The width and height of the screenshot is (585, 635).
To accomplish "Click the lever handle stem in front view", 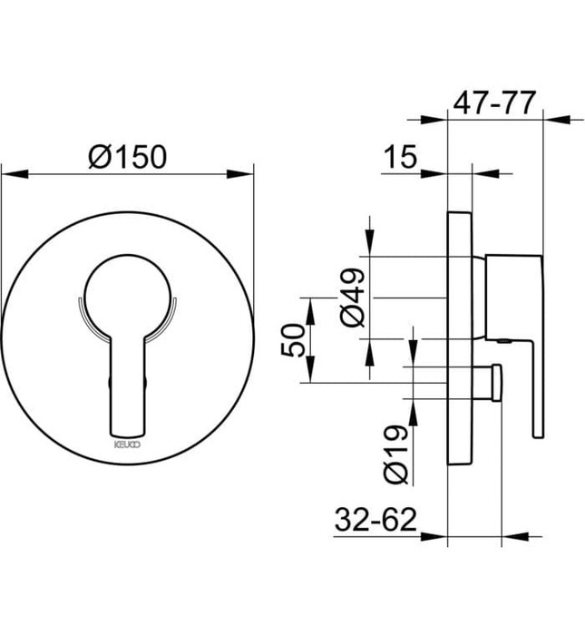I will pos(126,381).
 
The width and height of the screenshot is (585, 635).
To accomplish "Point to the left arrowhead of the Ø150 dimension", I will pos(9,171).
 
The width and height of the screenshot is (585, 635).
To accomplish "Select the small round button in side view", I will pos(496,381).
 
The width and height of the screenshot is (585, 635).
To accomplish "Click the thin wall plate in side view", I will pos(460,336).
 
